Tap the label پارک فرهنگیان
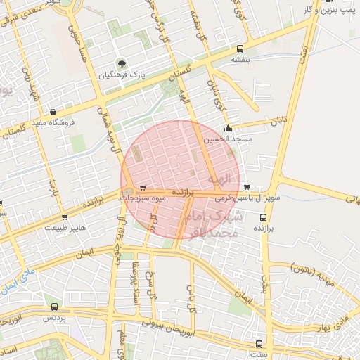point(123,75)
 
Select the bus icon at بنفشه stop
point(240,49)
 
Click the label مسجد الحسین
point(228,139)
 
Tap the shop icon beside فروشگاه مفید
point(53,111)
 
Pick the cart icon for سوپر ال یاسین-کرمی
point(247,187)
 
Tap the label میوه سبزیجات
point(143,198)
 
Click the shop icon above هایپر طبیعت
point(65,217)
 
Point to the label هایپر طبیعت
point(65,228)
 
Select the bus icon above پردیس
point(55,307)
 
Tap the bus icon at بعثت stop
point(259,344)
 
